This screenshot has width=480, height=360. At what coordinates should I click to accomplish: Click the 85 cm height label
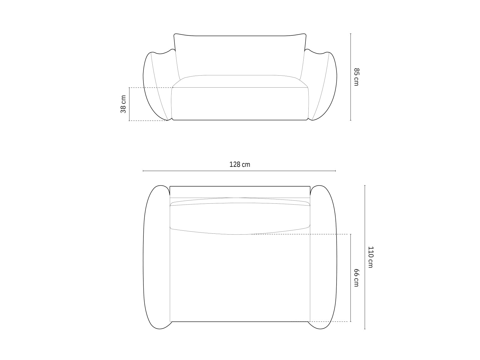[x=356, y=77]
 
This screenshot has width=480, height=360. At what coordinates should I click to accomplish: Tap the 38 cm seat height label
[x=123, y=104]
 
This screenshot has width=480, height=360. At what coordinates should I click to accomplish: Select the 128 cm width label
[x=240, y=164]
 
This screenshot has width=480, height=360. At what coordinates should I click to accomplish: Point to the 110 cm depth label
[x=370, y=257]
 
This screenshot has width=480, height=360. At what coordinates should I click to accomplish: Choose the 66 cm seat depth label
[x=356, y=277]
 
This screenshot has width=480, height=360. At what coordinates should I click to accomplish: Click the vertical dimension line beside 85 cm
[x=350, y=77]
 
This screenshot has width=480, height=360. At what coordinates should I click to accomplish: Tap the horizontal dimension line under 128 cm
[x=239, y=171]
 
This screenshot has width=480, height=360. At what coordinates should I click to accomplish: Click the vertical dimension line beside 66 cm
[x=350, y=278]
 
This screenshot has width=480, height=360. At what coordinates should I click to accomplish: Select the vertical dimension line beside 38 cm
[x=129, y=104]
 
